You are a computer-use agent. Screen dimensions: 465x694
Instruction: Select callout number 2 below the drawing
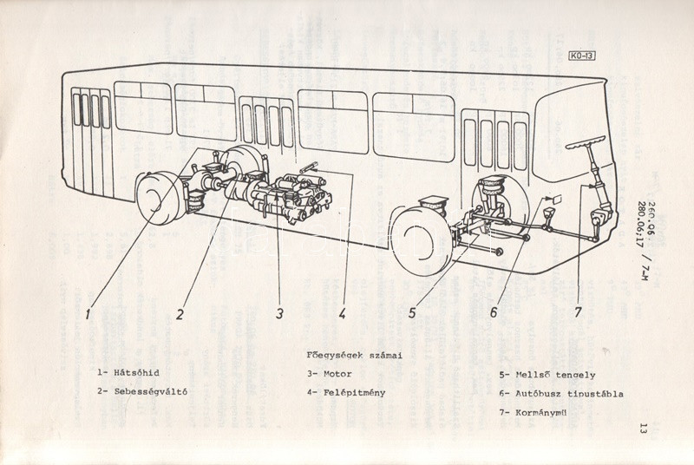180,313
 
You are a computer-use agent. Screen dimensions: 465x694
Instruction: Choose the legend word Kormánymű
547,412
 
